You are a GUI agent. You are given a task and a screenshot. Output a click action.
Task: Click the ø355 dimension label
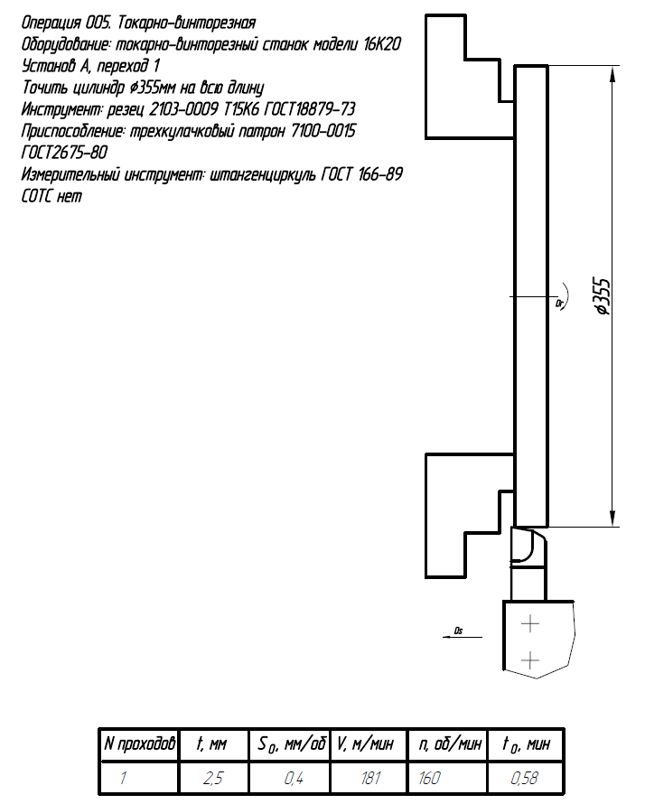tap(604, 295)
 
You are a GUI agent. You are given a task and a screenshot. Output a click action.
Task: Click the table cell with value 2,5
tap(214, 777)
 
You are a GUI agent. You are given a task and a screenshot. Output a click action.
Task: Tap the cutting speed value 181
tap(369, 777)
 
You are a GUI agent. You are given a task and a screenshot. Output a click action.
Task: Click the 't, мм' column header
tap(214, 744)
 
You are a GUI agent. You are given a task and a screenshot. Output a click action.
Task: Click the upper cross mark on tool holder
tap(530, 623)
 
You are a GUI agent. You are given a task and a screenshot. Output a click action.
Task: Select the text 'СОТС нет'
tap(51, 196)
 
